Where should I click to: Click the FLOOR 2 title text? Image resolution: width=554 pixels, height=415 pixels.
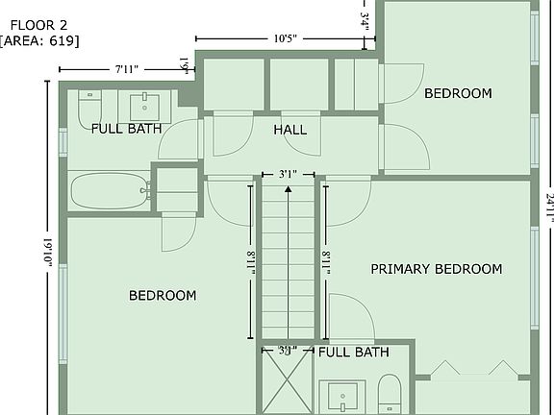pos(38,22)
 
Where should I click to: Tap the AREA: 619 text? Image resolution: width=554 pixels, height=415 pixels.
pos(39,40)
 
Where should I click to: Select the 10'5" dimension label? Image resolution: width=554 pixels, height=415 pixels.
pos(284,39)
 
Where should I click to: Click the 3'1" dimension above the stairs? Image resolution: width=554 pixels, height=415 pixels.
pos(288,175)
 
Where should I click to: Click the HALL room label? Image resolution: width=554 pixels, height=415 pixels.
pos(290,130)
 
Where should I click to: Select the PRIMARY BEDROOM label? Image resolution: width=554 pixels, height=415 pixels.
pos(436,269)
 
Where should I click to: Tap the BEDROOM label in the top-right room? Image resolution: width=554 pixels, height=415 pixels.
pos(458,93)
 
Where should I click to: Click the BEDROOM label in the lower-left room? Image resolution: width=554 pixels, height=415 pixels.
pos(163,295)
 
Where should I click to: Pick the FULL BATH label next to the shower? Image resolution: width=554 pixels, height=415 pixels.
pos(353,353)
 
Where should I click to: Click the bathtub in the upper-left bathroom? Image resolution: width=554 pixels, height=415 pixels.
pos(109,190)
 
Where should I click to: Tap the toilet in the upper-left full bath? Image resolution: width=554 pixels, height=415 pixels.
pos(89,108)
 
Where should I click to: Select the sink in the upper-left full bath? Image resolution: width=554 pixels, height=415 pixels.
pos(149,104)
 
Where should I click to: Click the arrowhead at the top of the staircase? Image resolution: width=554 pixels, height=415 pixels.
pos(288,189)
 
